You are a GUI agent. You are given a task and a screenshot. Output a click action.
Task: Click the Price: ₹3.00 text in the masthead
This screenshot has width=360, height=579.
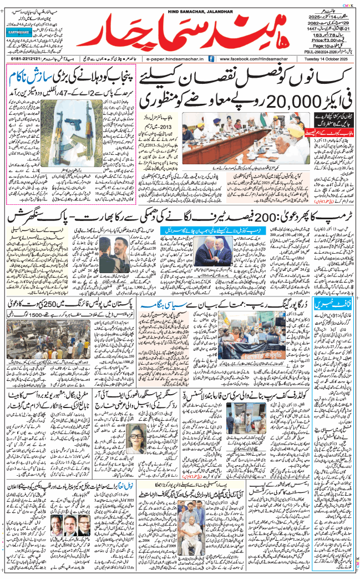(x=335, y=41)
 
